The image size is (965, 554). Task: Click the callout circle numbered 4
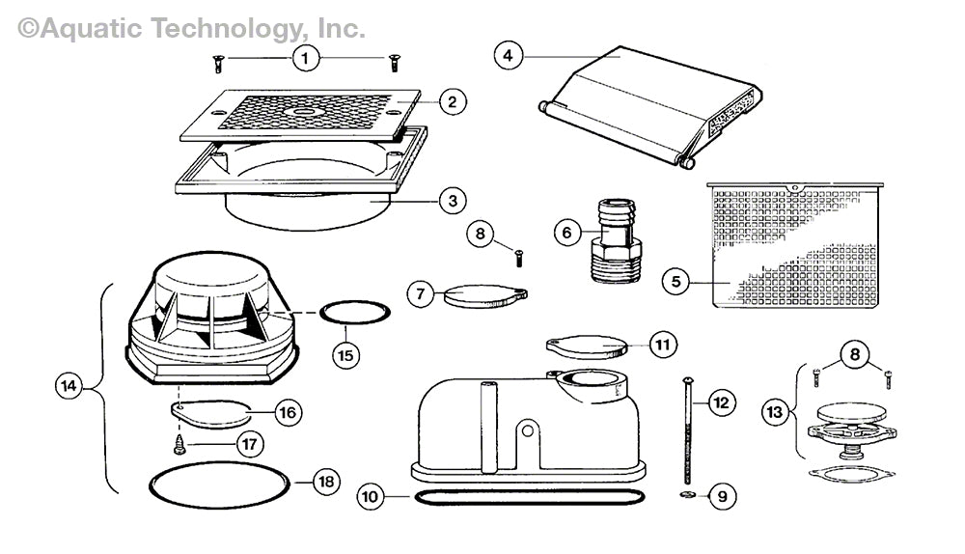508,55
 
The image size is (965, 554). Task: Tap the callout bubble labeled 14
68,387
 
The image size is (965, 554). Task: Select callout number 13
773,412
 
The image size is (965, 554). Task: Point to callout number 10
370,498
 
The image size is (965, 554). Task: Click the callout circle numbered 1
305,59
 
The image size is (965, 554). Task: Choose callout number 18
326,482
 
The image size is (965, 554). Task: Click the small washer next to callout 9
686,496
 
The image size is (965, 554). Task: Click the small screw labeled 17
179,445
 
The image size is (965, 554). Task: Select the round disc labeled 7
479,294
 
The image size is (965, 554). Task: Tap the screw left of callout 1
218,64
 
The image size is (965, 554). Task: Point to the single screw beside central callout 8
518,258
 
